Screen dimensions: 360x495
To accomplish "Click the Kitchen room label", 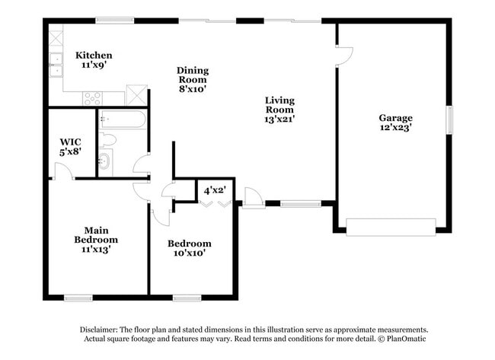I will tap(94, 56).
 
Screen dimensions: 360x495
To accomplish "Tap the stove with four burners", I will tap(93, 97).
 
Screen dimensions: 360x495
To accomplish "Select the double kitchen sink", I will tap(56, 65).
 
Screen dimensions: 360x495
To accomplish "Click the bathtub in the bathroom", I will tap(122, 119).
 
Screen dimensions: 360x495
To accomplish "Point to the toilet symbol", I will tap(107, 139).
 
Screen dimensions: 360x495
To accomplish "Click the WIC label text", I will tap(71, 142).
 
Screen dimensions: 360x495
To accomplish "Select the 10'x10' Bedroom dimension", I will tap(190, 253).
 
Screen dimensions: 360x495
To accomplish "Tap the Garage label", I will tap(395, 118).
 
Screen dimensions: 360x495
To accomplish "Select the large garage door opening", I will tap(391, 226).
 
